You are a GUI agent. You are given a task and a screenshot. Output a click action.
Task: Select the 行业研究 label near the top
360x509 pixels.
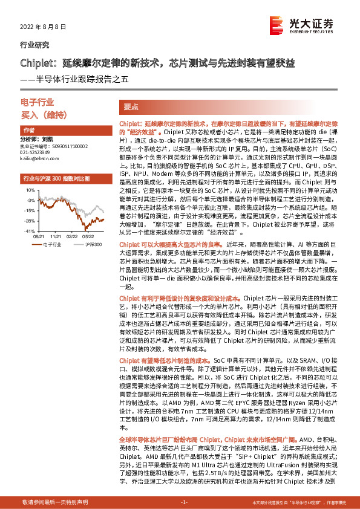pyautogui.click(x=32, y=45)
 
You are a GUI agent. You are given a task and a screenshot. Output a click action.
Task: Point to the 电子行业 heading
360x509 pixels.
pyautogui.click(x=38, y=103)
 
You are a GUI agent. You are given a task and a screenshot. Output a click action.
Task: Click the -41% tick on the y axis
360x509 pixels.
pyautogui.click(x=30, y=231)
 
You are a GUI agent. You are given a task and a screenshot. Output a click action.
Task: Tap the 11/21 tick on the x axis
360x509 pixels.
pyautogui.click(x=56, y=238)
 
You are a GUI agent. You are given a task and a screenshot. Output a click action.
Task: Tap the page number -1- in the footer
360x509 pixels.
pyautogui.click(x=185, y=502)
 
